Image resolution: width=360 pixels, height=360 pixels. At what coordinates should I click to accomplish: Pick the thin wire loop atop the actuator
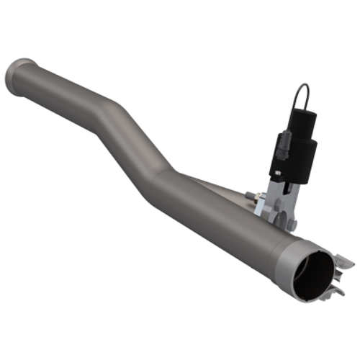tap(303, 94)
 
